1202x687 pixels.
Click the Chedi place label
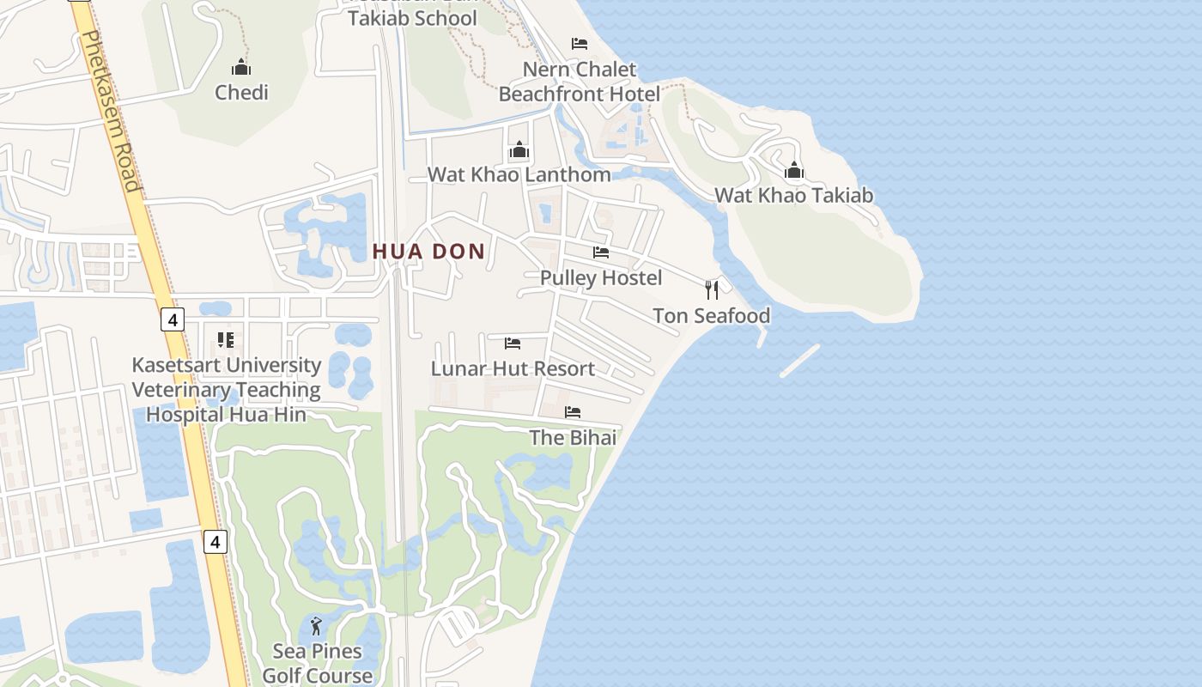point(241,92)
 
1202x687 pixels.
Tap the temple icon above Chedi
point(241,67)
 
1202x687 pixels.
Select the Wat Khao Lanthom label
point(519,174)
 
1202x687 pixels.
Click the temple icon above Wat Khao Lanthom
point(519,150)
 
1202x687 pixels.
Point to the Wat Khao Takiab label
point(794,195)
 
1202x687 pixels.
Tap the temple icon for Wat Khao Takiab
point(794,170)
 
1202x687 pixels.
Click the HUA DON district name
point(429,252)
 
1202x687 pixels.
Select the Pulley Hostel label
point(601,277)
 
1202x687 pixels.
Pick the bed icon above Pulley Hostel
point(601,252)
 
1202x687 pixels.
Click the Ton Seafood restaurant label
point(711,315)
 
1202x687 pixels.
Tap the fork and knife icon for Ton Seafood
point(711,289)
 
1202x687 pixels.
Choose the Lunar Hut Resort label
point(513,368)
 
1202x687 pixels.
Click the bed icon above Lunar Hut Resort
point(513,343)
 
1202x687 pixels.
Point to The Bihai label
point(573,437)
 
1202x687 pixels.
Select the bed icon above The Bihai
point(573,412)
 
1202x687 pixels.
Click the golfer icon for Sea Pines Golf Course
point(317,626)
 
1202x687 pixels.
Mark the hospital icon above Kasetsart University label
point(226,340)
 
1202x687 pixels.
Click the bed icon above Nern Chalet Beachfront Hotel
point(580,44)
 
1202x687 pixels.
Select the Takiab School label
point(412,17)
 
